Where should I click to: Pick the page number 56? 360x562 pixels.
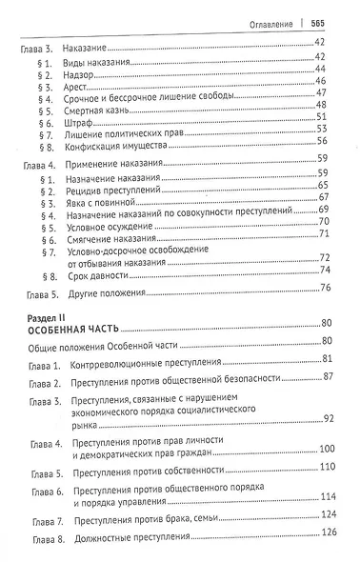pyautogui.click(x=322, y=138)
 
